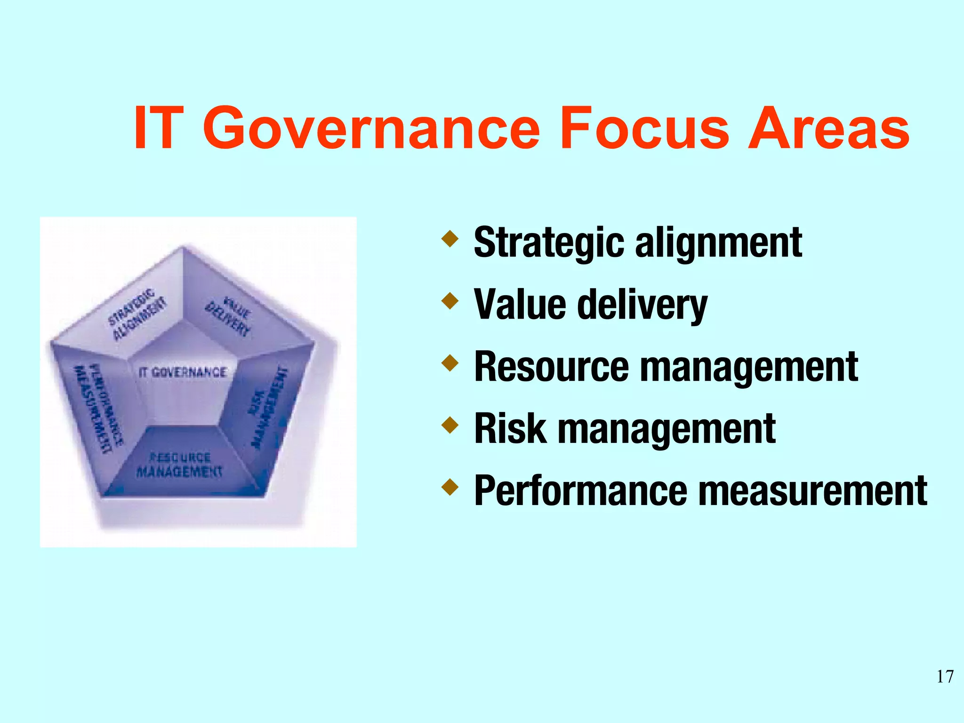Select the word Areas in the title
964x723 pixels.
(828, 128)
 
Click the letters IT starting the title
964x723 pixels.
(157, 128)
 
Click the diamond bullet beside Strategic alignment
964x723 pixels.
(450, 239)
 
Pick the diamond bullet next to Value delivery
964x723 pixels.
(450, 301)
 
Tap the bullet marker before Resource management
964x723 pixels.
(450, 363)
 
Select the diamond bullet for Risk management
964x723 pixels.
(450, 425)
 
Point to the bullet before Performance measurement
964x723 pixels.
(450, 487)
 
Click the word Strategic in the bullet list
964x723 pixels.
(549, 243)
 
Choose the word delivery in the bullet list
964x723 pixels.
(642, 305)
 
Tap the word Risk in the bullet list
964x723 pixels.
(511, 429)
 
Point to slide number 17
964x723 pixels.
(945, 676)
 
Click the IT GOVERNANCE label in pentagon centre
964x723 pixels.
(183, 372)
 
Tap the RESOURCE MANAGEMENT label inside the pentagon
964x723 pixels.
(179, 465)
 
